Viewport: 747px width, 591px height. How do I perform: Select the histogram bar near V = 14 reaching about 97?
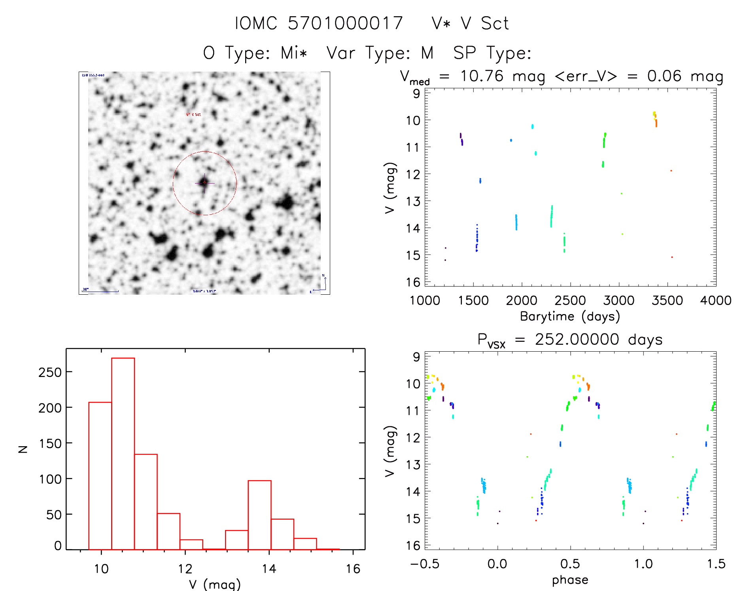(x=259, y=515)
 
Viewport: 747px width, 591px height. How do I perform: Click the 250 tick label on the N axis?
(x=50, y=372)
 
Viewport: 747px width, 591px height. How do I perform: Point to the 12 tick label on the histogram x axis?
(x=185, y=569)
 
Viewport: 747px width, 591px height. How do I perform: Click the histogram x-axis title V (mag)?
(x=215, y=584)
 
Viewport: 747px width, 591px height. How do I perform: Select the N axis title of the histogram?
(x=23, y=449)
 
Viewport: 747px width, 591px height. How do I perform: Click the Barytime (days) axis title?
(x=570, y=316)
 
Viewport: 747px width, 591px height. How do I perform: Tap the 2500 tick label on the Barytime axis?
(x=570, y=301)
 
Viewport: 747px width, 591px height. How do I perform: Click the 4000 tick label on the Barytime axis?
(x=715, y=301)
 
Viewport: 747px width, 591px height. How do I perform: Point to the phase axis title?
(x=570, y=580)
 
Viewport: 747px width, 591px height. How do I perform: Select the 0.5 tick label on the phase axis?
(x=570, y=564)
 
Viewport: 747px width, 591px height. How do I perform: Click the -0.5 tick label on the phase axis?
(x=424, y=564)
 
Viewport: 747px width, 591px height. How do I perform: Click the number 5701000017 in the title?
(x=345, y=23)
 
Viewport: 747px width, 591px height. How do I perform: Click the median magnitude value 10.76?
(x=482, y=76)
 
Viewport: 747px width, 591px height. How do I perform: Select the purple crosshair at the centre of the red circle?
(x=204, y=183)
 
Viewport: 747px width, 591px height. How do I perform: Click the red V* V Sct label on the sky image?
(x=194, y=114)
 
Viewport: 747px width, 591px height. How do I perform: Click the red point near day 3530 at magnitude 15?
(x=672, y=257)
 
